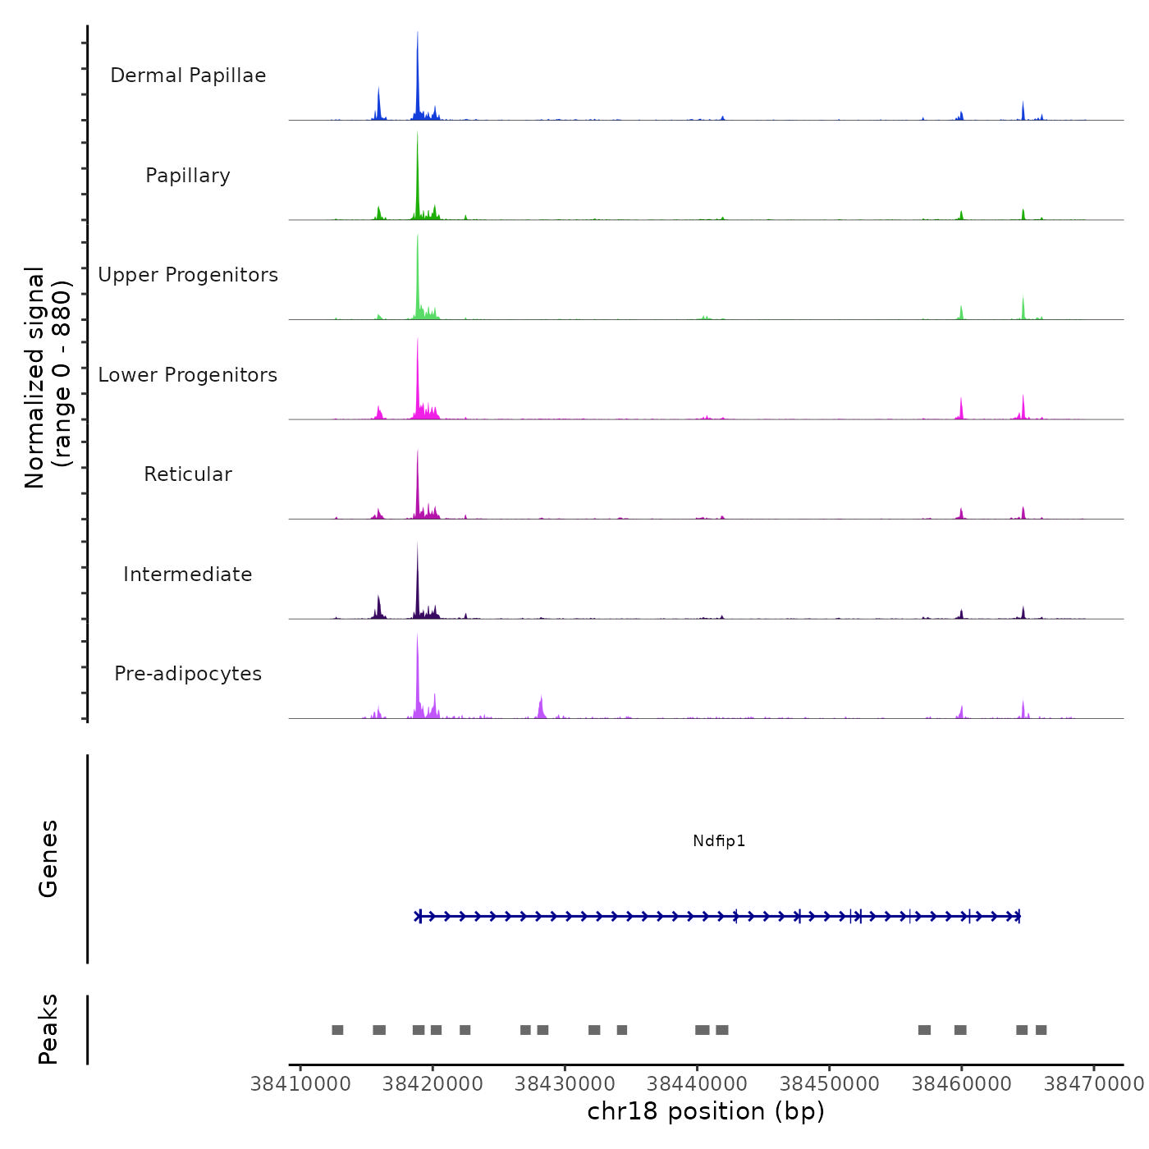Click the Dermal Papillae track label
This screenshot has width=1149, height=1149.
[x=188, y=76]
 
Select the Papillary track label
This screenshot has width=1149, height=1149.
[x=188, y=176]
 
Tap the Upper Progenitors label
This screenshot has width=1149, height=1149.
[x=188, y=275]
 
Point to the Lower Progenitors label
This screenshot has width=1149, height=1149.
[x=188, y=375]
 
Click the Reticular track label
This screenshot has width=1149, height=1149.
[x=188, y=474]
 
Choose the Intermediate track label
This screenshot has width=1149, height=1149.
[x=188, y=574]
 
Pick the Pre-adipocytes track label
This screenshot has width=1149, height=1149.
[x=188, y=674]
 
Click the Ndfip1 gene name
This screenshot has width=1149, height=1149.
[x=719, y=841]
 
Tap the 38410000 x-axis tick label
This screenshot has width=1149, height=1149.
[x=300, y=1084]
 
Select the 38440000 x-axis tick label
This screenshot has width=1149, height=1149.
[x=697, y=1084]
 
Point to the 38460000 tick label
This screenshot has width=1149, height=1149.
[x=962, y=1084]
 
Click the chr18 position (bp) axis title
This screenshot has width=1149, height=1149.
[x=706, y=1111]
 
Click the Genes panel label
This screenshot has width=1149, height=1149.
[x=48, y=858]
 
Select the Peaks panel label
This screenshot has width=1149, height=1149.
[x=48, y=1029]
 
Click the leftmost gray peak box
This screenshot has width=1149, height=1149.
[x=337, y=1030]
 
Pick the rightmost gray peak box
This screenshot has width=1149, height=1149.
[x=1041, y=1030]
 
